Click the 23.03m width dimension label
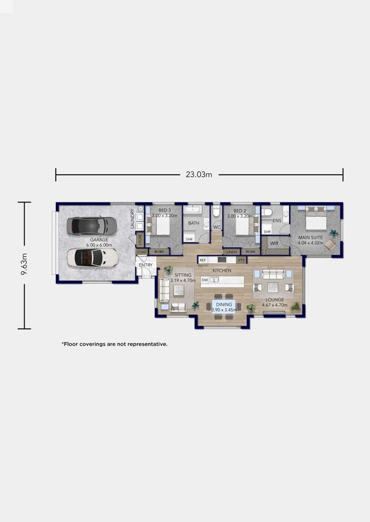[x=199, y=174]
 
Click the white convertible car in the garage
[x=93, y=257]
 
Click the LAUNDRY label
[x=133, y=219]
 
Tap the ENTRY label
[x=146, y=265]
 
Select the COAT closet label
[x=142, y=252]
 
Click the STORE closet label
[x=140, y=240]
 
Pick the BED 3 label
[x=160, y=211]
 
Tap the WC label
[x=216, y=227]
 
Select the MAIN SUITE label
[x=310, y=237]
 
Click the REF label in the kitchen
[x=202, y=260]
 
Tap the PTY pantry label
[x=241, y=260]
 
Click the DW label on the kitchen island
[x=204, y=280]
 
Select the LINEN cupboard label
[x=232, y=252]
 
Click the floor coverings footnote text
[x=114, y=344]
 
